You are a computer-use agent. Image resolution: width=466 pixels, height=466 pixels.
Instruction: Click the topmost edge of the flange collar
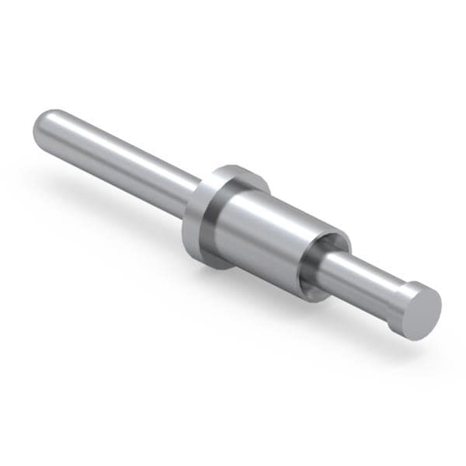coord(233,166)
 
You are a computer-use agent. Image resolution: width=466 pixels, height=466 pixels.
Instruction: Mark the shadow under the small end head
coord(404,342)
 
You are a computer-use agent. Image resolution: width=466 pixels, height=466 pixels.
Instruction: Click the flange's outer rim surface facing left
coord(191,225)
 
